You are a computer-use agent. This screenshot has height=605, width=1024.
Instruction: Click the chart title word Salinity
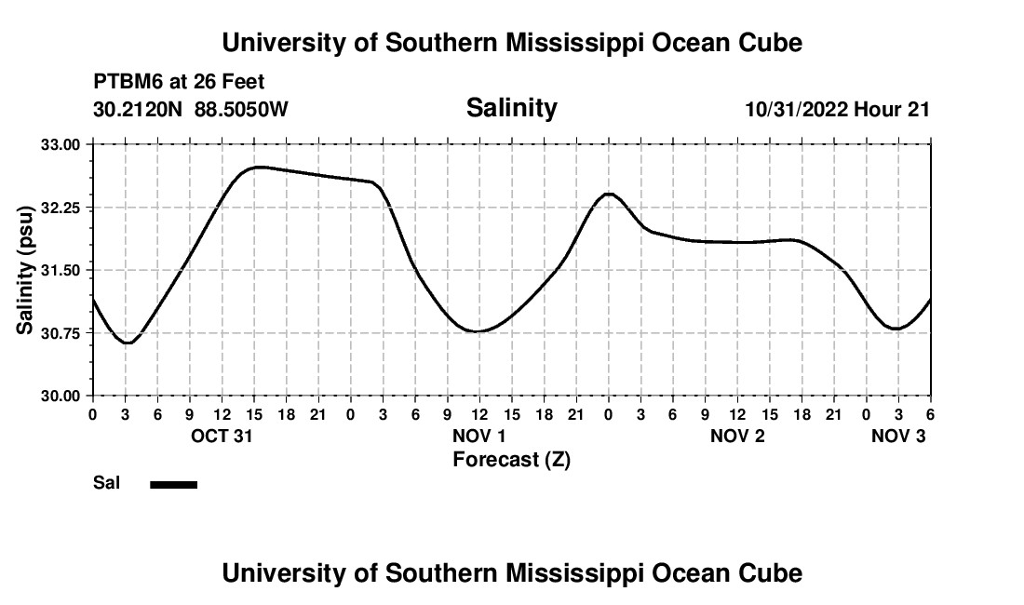(x=511, y=108)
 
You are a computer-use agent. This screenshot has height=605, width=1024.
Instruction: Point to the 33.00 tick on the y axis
(x=62, y=144)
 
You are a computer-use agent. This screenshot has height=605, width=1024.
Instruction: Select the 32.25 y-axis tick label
(x=62, y=208)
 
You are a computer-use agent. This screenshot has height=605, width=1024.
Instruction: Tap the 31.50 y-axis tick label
(x=62, y=270)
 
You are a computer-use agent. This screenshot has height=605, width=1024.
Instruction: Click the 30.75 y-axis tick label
(x=62, y=332)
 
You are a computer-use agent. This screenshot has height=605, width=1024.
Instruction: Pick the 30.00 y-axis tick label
(x=62, y=396)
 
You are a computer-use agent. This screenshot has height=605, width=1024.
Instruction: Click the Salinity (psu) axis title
(x=25, y=270)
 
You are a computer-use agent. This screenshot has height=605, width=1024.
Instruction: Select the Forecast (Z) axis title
(x=511, y=459)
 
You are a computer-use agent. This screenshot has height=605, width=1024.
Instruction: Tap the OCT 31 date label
(x=222, y=436)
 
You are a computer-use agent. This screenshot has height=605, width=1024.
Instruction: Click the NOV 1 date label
(x=479, y=436)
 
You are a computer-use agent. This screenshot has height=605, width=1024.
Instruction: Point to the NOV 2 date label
(x=737, y=436)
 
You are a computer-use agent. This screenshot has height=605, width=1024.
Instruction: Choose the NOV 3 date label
(x=898, y=436)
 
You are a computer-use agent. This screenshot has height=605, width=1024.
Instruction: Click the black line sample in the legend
(x=174, y=484)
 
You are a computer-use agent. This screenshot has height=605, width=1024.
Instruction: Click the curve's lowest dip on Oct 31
(x=128, y=343)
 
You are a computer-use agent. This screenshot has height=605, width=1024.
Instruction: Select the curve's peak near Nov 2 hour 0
(x=609, y=194)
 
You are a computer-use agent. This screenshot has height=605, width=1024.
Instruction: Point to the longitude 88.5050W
(x=241, y=109)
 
